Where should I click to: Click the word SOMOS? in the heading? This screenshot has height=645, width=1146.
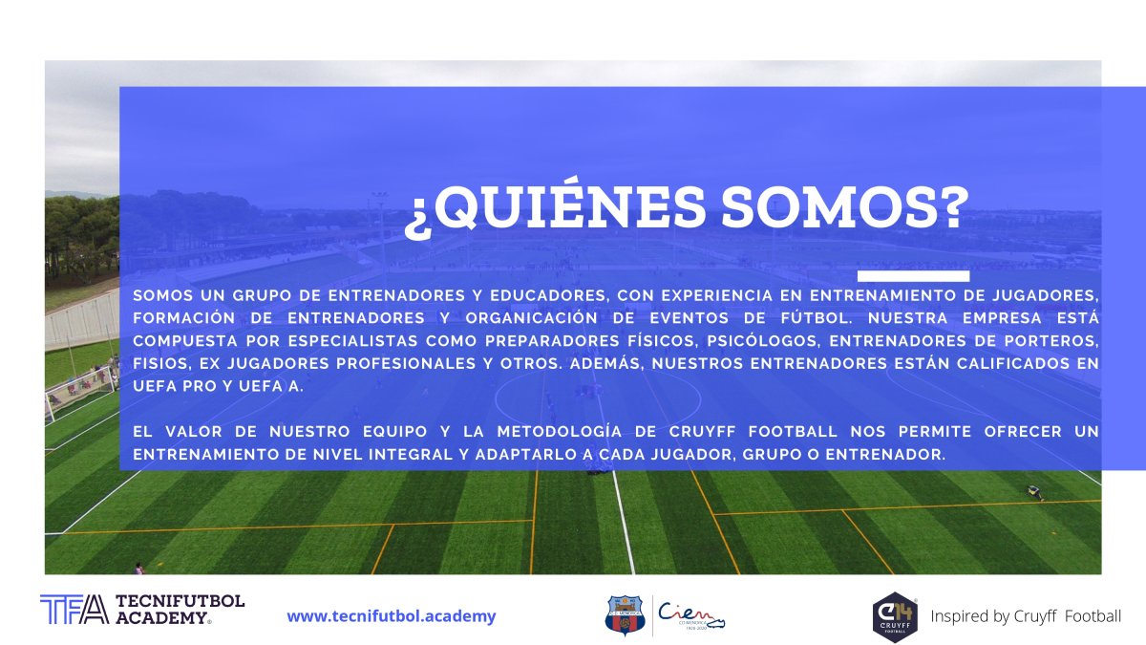tap(845, 206)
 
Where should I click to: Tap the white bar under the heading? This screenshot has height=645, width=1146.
tap(913, 276)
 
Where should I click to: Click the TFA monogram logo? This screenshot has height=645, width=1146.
tap(74, 610)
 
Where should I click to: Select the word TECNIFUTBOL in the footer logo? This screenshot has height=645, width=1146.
tap(180, 601)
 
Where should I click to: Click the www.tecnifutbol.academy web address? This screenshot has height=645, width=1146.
tap(392, 615)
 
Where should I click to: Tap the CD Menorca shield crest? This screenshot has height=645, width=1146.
tap(625, 614)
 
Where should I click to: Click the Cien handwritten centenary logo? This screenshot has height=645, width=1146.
tap(691, 615)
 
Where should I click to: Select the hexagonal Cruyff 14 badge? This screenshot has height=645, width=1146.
tap(895, 617)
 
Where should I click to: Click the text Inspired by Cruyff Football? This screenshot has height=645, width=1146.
tap(1026, 615)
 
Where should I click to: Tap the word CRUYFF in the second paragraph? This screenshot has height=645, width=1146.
tap(703, 432)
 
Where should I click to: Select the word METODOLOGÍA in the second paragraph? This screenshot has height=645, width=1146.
tap(560, 432)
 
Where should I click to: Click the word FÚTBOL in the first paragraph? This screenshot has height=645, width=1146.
tap(817, 318)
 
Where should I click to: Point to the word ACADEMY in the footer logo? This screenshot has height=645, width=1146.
tap(162, 617)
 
